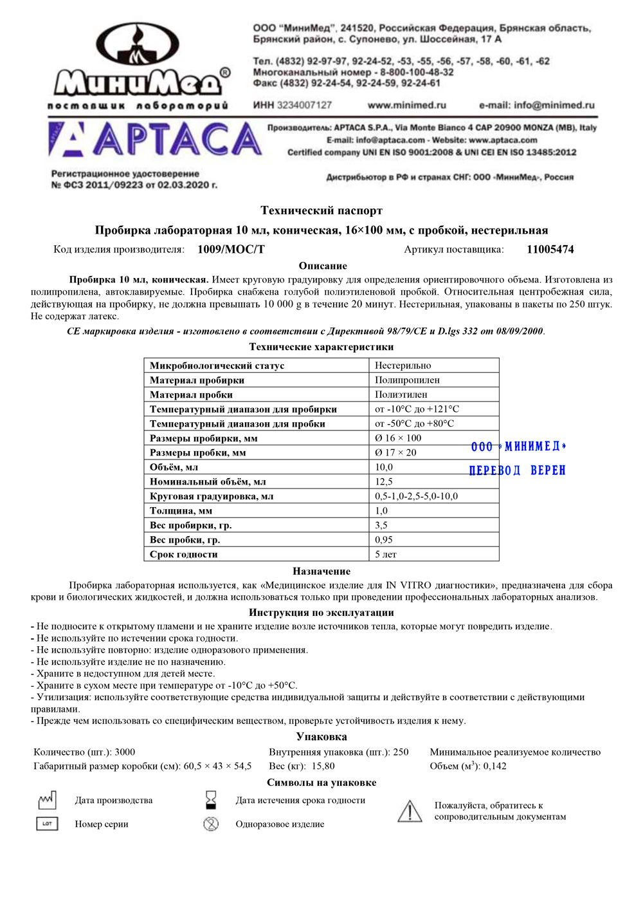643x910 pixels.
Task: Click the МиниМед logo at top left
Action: (138, 64)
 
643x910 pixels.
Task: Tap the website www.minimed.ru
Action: (406, 105)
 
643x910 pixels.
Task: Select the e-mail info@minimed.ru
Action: (536, 105)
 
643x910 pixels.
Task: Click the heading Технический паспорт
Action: (321, 210)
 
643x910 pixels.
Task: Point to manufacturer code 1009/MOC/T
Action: (231, 249)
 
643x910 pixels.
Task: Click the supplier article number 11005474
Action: (550, 249)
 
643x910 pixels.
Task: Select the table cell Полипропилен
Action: (408, 380)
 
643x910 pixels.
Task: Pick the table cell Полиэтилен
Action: (401, 395)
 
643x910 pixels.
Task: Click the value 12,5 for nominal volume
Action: (384, 481)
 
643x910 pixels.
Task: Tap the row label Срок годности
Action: (184, 554)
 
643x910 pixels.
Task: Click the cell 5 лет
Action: (386, 554)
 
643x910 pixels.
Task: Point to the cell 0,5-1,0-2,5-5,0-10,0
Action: (417, 496)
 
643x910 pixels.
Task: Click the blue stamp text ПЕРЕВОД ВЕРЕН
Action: (518, 470)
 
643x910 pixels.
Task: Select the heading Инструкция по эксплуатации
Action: (321, 612)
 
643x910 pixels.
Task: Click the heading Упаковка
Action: (321, 736)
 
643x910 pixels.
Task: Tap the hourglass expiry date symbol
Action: (211, 800)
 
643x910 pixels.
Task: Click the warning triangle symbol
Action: (410, 811)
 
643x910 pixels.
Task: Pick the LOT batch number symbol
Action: (47, 824)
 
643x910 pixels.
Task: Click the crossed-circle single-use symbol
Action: (211, 824)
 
